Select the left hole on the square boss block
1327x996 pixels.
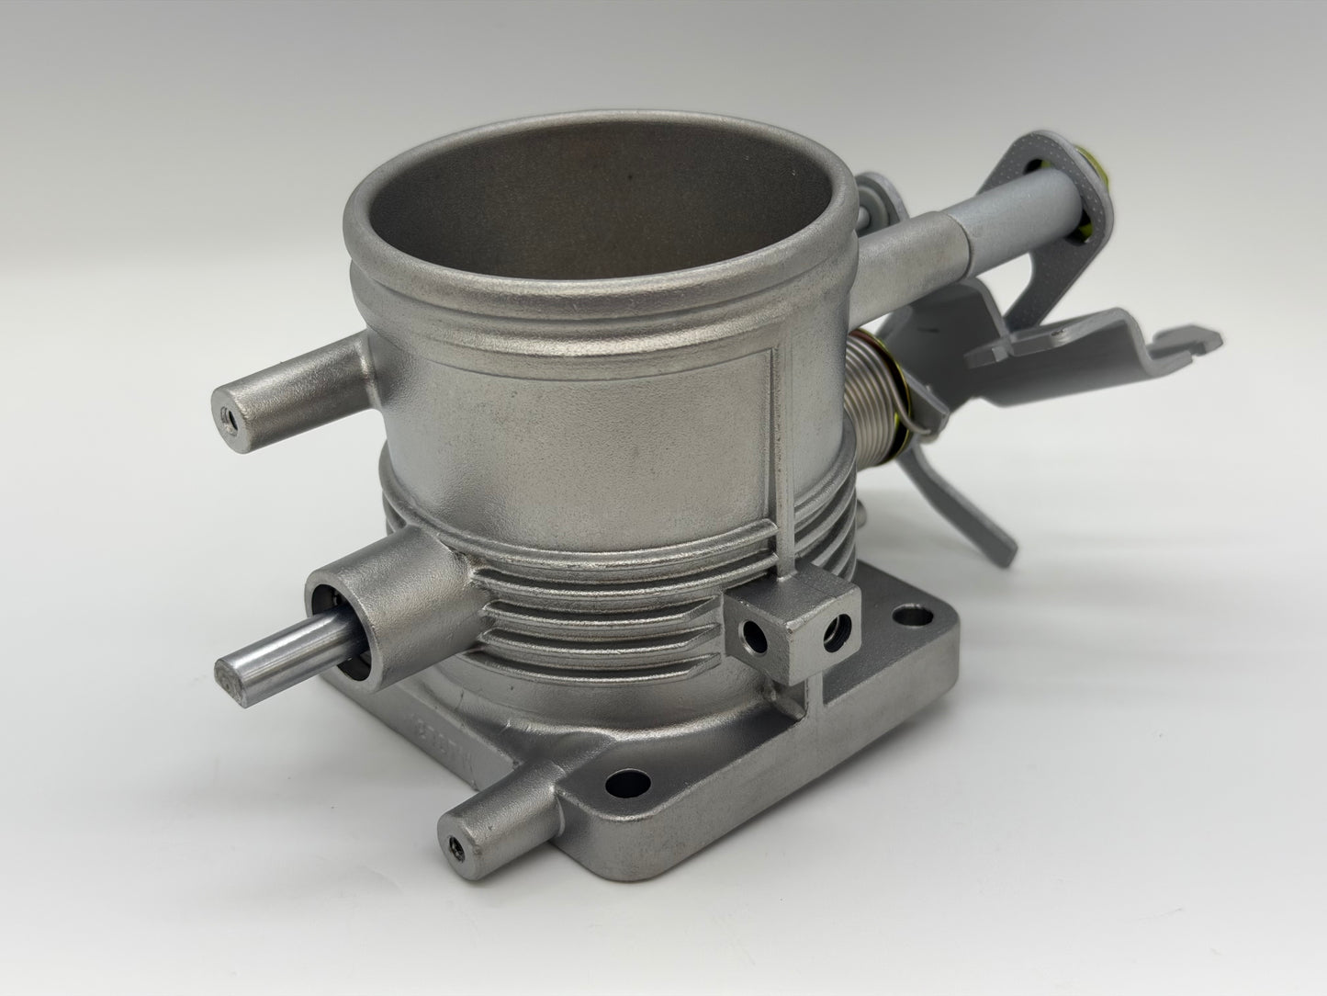(x=754, y=633)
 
